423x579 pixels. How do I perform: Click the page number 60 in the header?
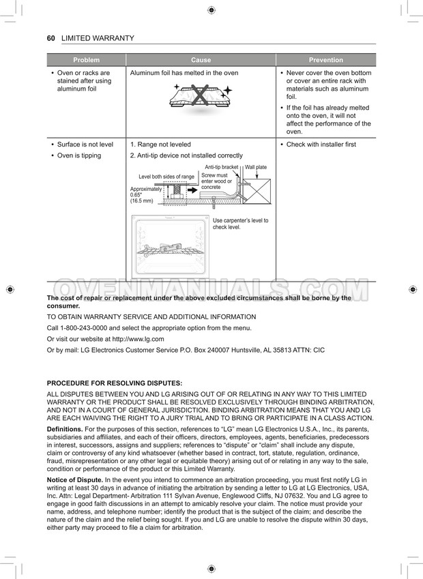pyautogui.click(x=50, y=38)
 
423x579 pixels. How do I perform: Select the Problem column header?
pyautogui.click(x=86, y=60)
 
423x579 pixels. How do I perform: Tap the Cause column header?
pyautogui.click(x=201, y=60)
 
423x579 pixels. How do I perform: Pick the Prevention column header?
pyautogui.click(x=325, y=60)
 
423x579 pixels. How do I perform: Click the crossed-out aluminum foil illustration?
pyautogui.click(x=201, y=96)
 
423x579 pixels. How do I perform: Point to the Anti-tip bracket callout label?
pyautogui.click(x=221, y=167)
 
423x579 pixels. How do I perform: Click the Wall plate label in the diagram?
pyautogui.click(x=256, y=167)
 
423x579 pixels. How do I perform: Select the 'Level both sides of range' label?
pyautogui.click(x=166, y=177)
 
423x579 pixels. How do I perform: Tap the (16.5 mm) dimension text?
pyautogui.click(x=142, y=201)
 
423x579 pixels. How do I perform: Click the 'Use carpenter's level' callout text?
pyautogui.click(x=240, y=224)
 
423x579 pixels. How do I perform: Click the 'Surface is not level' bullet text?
pyautogui.click(x=85, y=145)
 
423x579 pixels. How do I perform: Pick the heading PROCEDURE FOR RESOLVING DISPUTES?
pyautogui.click(x=114, y=383)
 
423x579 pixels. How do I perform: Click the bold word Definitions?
pyautogui.click(x=65, y=429)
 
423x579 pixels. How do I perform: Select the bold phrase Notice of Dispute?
pyautogui.click(x=74, y=481)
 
